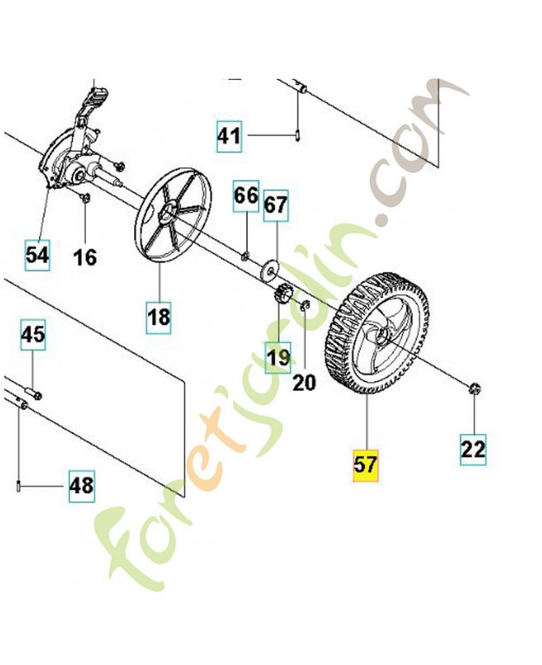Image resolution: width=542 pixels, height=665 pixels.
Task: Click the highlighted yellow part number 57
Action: tap(366, 464)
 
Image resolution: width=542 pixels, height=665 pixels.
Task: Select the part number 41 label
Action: tap(229, 135)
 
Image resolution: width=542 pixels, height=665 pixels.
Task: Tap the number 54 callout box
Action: tap(37, 255)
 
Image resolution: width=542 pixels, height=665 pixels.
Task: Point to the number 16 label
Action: tap(85, 257)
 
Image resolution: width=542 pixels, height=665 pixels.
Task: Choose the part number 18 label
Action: tap(159, 317)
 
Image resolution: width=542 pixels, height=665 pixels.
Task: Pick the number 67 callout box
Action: tap(275, 204)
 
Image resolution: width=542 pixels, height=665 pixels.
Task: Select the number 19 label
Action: tap(278, 357)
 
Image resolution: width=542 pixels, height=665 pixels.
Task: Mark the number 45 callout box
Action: tap(33, 336)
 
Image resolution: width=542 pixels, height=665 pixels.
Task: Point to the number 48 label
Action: tap(81, 484)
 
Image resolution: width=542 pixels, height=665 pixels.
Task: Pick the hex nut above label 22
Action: tap(474, 387)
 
